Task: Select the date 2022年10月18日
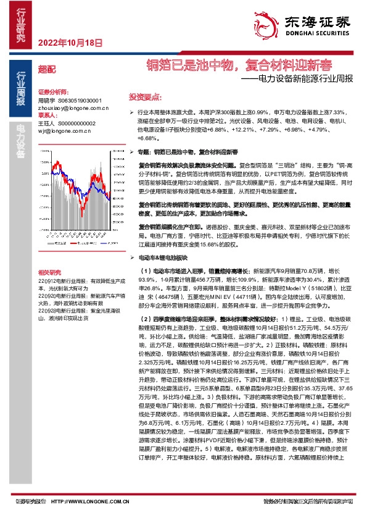click(69, 43)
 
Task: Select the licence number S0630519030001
click(79, 100)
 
